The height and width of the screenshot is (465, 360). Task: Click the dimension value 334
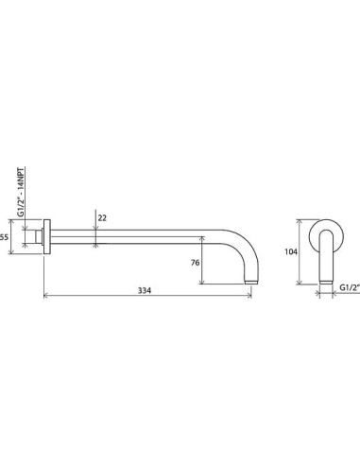tap(145, 290)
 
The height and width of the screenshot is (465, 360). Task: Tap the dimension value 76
tap(196, 262)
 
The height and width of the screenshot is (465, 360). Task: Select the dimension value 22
tap(102, 217)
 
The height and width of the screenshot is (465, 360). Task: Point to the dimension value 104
tap(291, 251)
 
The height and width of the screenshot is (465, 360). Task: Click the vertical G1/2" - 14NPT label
tap(21, 192)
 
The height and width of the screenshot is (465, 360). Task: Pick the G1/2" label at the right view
tap(350, 287)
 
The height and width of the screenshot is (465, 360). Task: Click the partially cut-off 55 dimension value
tap(4, 237)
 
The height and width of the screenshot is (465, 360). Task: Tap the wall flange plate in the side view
tap(46, 236)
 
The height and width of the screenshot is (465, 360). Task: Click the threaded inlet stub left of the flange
tap(39, 236)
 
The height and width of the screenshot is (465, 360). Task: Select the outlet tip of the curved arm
tap(251, 282)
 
